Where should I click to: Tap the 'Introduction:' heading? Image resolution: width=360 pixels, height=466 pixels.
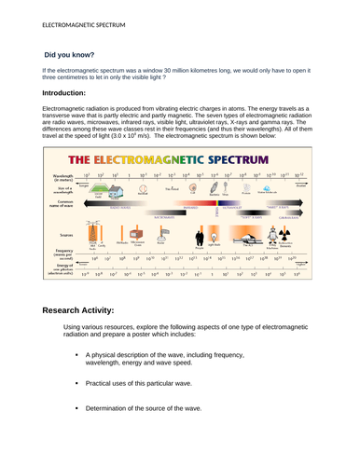pos(65,95)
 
